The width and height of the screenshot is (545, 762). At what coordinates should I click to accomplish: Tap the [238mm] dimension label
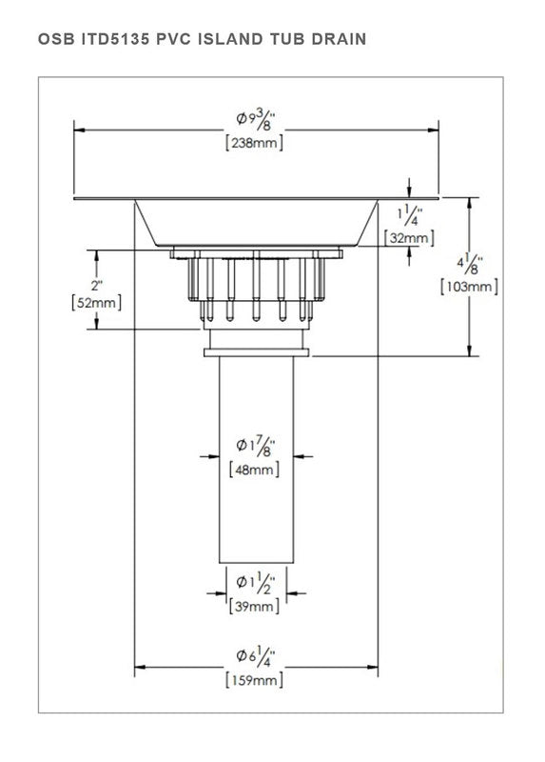click(x=255, y=143)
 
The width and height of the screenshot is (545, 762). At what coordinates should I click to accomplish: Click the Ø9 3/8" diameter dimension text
click(x=256, y=120)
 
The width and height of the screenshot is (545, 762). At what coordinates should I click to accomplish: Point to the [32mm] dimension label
click(x=409, y=238)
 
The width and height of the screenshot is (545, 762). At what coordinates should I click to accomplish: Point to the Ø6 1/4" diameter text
click(x=256, y=658)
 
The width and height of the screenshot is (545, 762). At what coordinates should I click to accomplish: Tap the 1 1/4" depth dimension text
click(x=410, y=215)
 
